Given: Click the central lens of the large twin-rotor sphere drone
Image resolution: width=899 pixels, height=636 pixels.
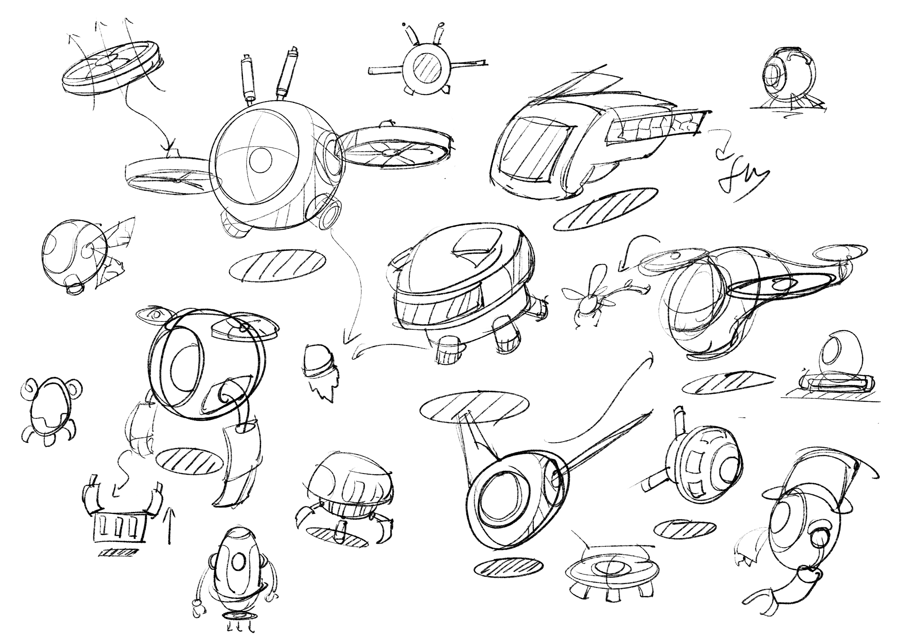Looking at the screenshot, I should (260, 160).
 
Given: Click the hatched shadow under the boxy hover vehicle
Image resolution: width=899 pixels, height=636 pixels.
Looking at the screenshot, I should (605, 208).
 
